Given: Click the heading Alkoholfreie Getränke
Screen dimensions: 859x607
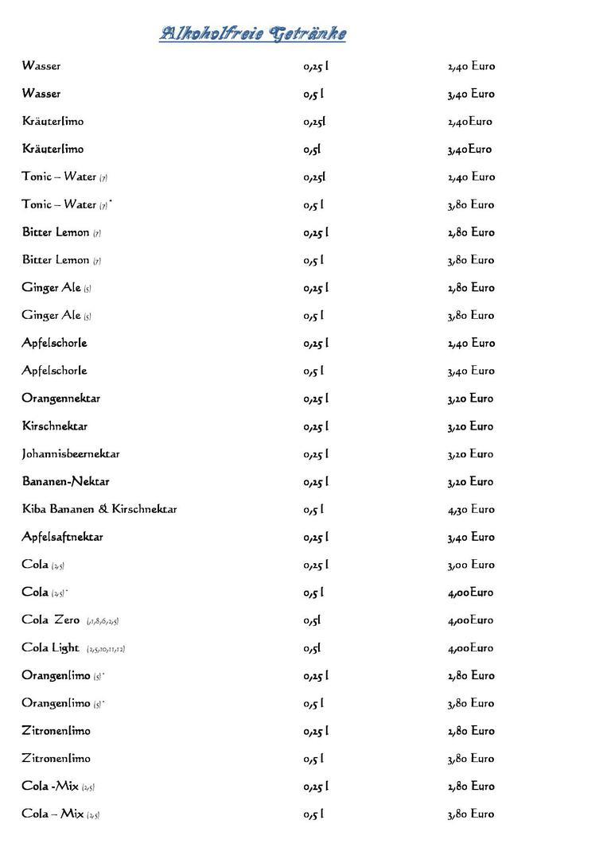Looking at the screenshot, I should click(252, 34).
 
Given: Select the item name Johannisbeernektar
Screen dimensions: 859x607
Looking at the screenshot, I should click(71, 454).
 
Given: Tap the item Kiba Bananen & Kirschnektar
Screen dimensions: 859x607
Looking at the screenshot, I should click(99, 509).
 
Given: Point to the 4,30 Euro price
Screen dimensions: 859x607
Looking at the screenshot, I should click(471, 509).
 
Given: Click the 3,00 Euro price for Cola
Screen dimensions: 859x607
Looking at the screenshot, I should click(471, 565).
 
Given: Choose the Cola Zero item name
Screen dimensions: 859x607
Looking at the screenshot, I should click(51, 620).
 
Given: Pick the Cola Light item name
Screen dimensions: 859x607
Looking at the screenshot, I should click(51, 648).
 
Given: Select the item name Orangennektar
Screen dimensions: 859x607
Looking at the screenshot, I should click(61, 398).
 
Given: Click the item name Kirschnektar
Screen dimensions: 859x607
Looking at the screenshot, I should click(55, 426).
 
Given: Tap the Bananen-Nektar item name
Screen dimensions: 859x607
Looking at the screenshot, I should click(66, 482).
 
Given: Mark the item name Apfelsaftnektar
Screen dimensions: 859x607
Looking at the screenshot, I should click(63, 537).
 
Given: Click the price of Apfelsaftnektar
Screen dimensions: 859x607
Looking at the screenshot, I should click(471, 537).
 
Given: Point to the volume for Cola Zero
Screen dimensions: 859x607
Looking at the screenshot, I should click(312, 620).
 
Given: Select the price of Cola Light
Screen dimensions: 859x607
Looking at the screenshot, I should click(471, 648).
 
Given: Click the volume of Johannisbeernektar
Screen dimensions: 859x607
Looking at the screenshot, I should click(316, 454).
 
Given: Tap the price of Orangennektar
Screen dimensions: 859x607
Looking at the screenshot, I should click(471, 398).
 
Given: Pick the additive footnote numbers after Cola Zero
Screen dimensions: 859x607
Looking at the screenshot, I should click(103, 621).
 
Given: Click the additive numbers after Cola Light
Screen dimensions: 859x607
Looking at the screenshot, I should click(106, 649).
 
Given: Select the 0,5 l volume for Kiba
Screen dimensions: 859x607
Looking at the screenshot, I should click(313, 509).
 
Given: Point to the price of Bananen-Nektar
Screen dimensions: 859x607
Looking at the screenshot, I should click(471, 482).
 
